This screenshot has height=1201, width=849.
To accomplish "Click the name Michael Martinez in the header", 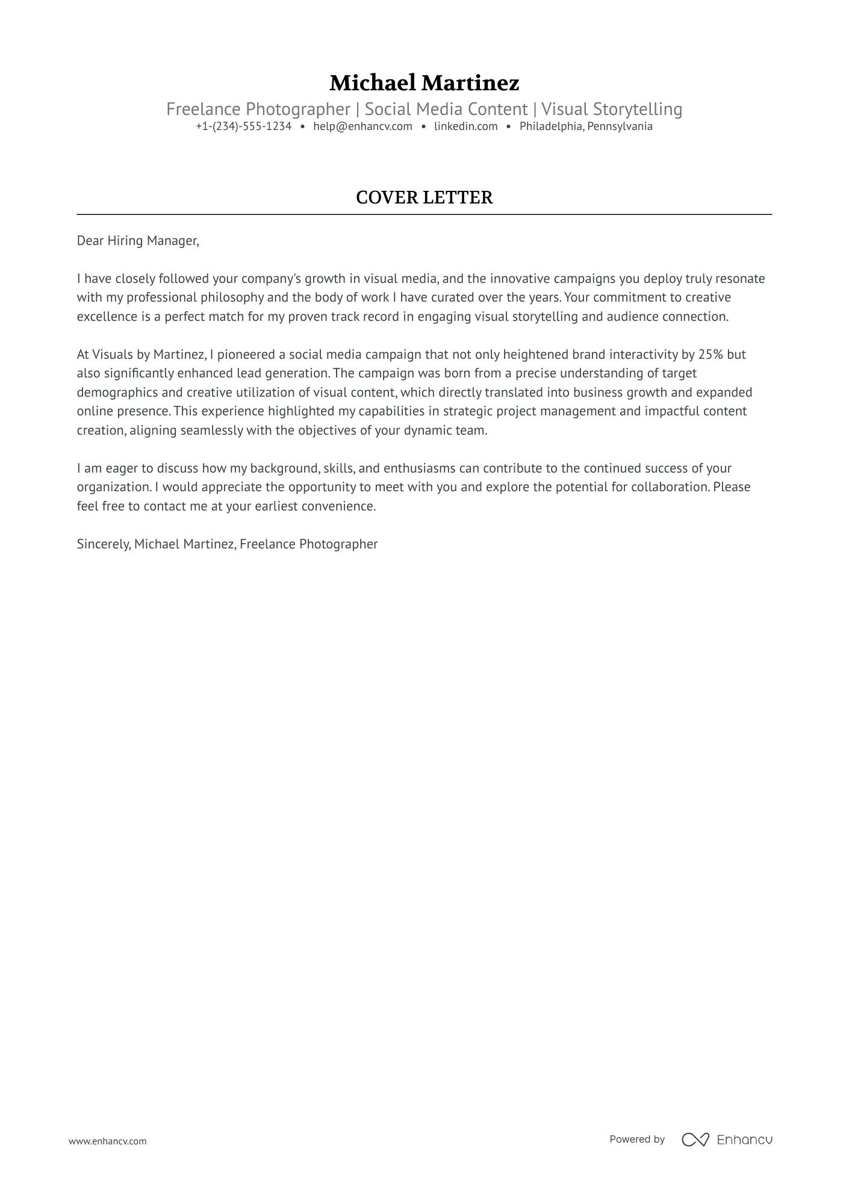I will pos(424,82).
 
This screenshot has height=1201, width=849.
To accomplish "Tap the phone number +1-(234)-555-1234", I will pos(243,126).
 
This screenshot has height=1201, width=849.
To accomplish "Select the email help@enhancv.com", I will pos(362,126).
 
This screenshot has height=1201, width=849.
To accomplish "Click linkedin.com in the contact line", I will pos(465,126).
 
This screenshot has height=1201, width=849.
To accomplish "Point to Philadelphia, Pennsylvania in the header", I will pos(586,126).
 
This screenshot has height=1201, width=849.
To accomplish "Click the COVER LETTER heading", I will pos(424,197).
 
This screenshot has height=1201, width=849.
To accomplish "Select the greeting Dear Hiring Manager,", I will pos(137,241).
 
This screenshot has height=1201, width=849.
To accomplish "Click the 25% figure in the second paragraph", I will pos(710,354).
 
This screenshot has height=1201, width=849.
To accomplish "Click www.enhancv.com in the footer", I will pos(107,1141).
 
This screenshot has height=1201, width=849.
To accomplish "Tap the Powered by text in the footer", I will pos(636,1139).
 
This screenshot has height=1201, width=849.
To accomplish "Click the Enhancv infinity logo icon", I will pos(695,1139).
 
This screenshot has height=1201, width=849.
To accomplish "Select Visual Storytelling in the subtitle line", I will pos(611,109).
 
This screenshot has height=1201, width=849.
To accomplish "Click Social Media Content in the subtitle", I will pos(446,109).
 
